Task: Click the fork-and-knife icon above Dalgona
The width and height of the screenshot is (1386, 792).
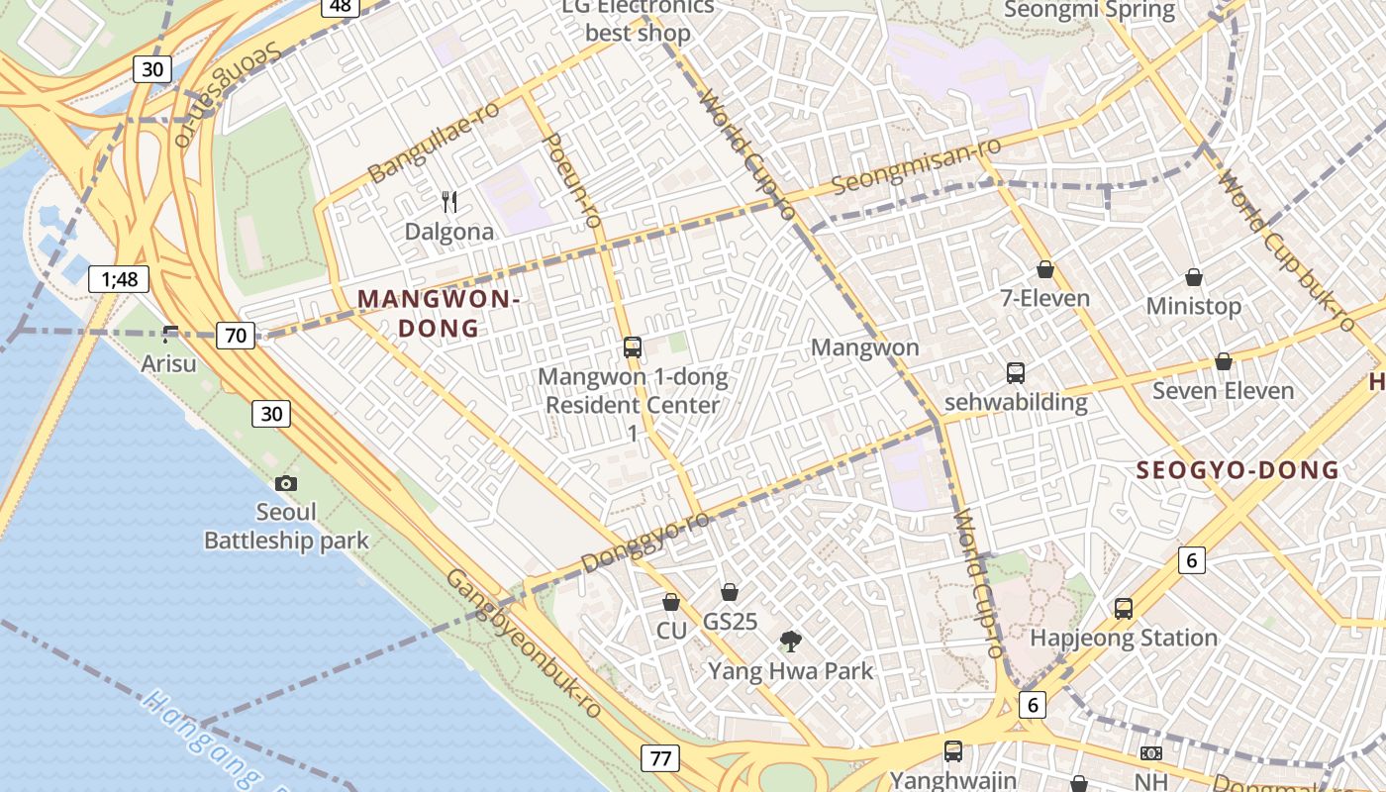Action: (450, 202)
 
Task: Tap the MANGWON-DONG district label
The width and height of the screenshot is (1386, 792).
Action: (437, 313)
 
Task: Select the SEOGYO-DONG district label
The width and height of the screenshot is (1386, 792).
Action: (1237, 470)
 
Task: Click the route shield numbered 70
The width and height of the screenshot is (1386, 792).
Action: (236, 336)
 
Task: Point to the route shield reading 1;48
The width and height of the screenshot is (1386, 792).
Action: (119, 279)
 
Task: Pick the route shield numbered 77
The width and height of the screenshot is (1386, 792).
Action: (660, 759)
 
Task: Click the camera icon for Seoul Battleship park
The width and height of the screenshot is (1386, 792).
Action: (286, 483)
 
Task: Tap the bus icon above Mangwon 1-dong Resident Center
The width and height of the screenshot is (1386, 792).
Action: (633, 347)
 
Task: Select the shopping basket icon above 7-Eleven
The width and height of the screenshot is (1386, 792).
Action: (1044, 269)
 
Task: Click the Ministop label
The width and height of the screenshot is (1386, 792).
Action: (1193, 306)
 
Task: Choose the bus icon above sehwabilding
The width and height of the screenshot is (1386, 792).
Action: (1016, 373)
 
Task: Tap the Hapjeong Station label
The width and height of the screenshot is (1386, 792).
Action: (1124, 638)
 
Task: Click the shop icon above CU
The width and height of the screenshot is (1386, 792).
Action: (671, 602)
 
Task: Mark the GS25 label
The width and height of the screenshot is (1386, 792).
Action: (730, 622)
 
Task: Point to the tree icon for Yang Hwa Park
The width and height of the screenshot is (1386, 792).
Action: (790, 642)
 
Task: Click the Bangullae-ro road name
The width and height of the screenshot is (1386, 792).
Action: (433, 142)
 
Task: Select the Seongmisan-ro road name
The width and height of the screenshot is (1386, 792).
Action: (917, 166)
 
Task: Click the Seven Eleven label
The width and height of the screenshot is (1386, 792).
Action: (1223, 391)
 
